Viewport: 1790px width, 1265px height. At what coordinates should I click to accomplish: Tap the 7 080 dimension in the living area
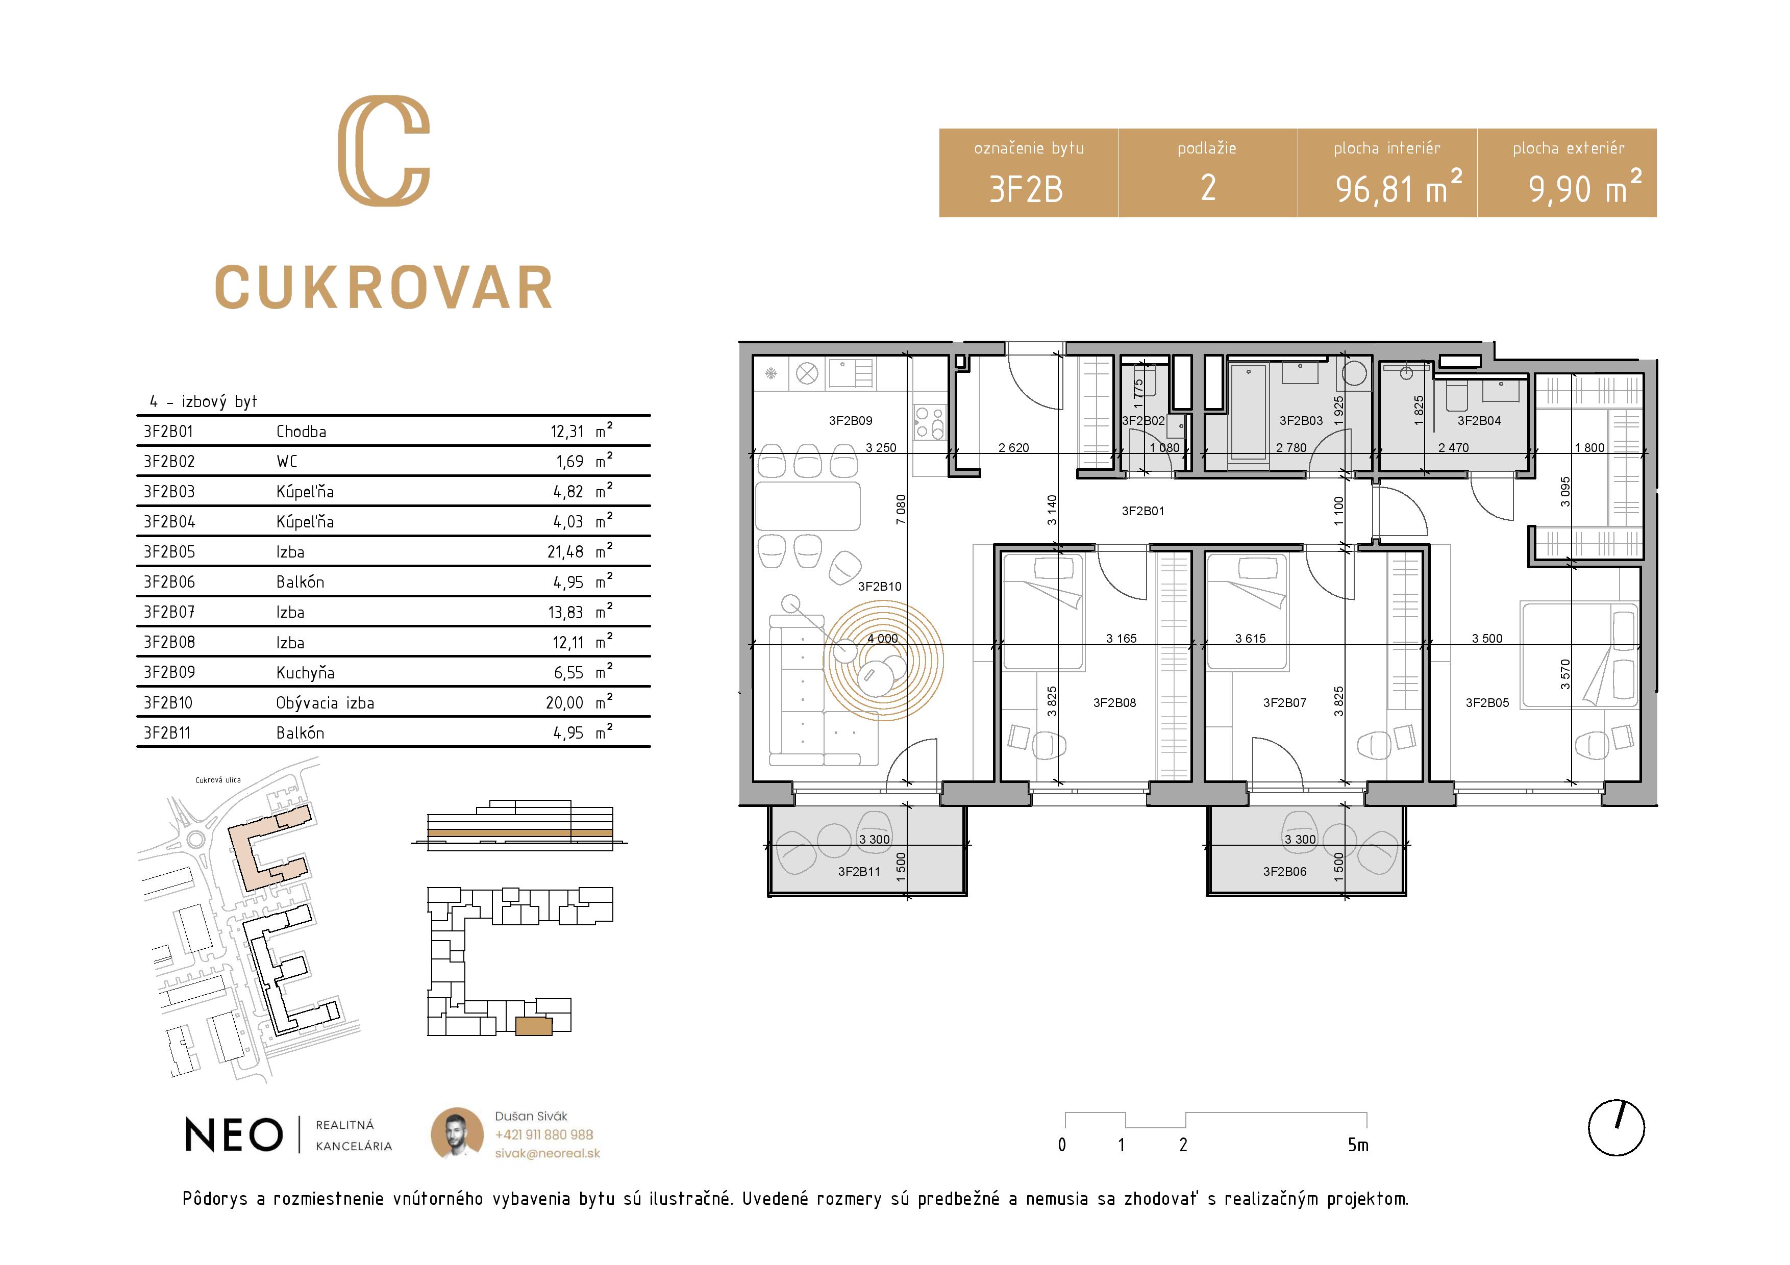point(901,509)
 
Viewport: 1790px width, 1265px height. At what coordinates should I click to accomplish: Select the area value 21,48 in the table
point(565,552)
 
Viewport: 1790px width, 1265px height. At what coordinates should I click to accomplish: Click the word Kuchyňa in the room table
point(305,673)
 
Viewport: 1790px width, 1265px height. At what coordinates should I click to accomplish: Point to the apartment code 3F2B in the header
point(1026,189)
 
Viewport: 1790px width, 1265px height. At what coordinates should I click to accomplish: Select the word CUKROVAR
point(384,288)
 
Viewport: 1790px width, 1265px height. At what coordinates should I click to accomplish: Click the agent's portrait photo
point(457,1133)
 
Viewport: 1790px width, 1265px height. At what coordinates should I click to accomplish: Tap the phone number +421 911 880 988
point(544,1135)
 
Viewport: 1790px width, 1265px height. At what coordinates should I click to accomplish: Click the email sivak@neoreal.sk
point(548,1153)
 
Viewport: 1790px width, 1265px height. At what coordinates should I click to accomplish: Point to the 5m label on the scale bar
point(1358,1145)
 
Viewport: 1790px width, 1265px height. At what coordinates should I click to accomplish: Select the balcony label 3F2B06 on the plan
point(1284,871)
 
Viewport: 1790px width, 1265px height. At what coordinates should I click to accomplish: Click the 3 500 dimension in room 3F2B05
point(1487,638)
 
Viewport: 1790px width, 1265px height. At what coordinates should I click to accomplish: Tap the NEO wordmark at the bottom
point(234,1135)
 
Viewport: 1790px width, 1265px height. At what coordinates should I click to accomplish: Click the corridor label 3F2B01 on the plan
point(1143,511)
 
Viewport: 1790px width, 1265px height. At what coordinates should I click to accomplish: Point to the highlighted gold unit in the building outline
point(534,1026)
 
